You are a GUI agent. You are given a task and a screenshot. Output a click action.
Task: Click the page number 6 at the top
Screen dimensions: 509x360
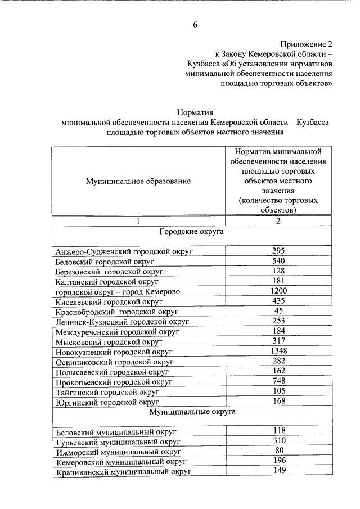[195, 24]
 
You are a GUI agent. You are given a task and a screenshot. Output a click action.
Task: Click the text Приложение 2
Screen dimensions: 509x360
[307, 43]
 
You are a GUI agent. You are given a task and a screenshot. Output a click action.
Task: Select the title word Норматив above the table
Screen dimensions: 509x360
[195, 112]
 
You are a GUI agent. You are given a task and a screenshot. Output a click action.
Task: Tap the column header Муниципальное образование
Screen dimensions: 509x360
[138, 181]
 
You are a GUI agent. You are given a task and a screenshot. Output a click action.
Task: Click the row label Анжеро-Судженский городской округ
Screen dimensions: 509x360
[124, 251]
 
